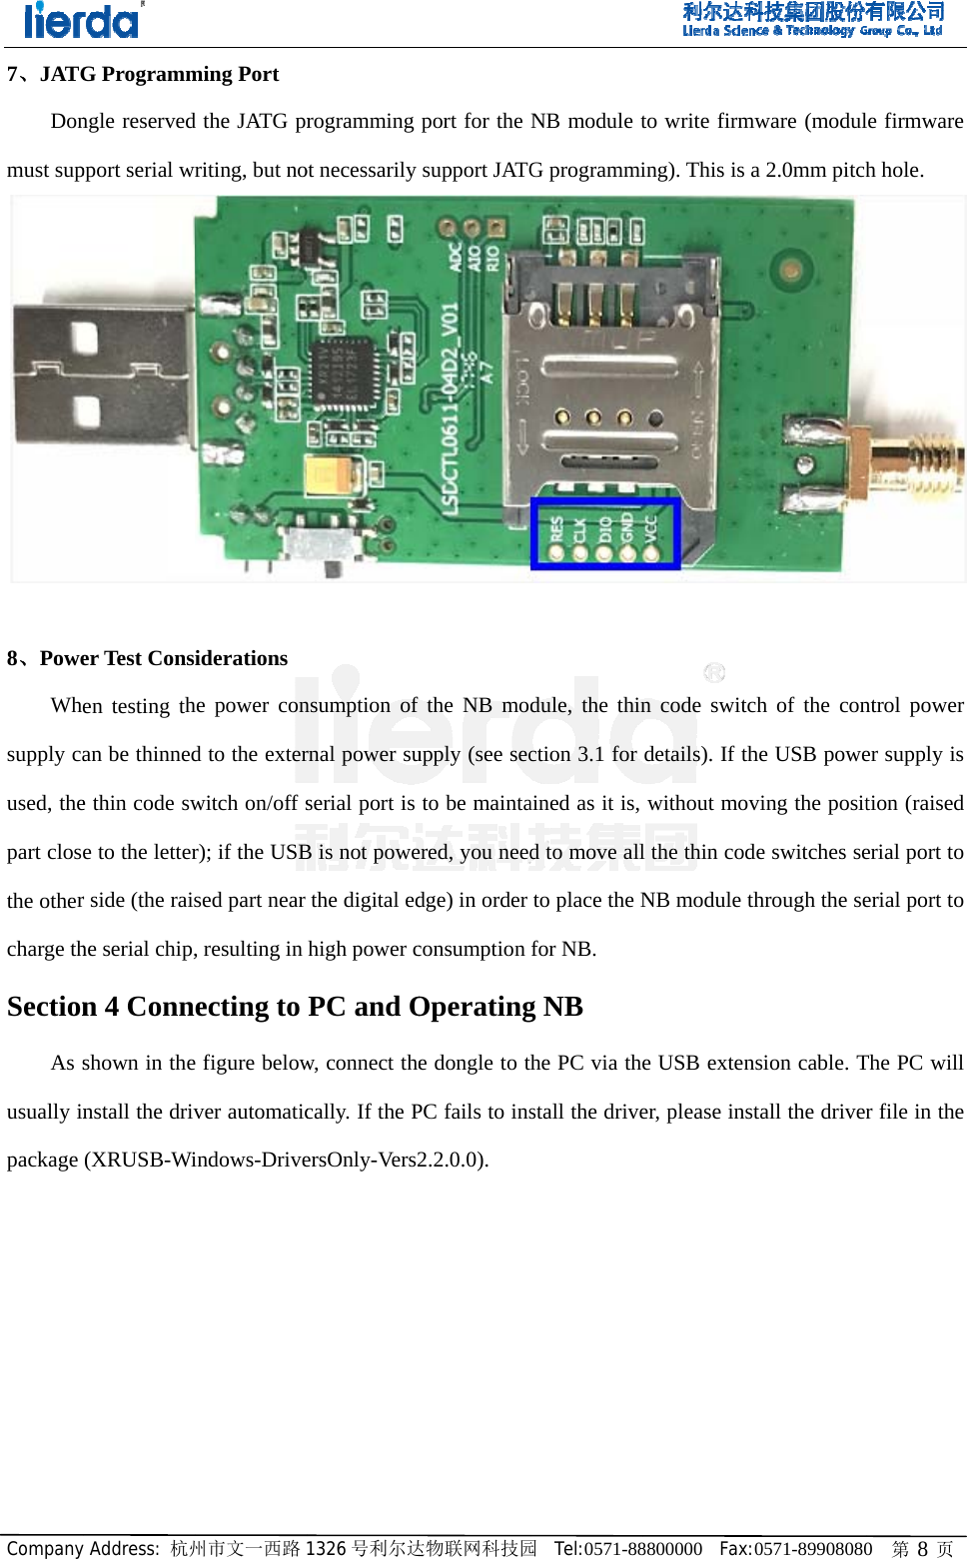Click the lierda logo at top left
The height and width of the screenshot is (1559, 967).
(x=82, y=20)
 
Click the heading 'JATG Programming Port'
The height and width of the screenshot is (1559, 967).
(x=159, y=74)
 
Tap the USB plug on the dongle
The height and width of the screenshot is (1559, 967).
(x=100, y=375)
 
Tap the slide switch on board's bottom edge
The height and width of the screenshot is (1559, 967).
(x=322, y=545)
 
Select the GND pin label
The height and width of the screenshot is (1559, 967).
(x=627, y=526)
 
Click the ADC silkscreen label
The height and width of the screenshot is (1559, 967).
(x=456, y=257)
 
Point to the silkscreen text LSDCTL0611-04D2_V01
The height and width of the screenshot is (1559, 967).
(x=451, y=409)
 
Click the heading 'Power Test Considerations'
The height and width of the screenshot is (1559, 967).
(x=163, y=658)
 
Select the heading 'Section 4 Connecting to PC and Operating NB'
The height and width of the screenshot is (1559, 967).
(x=295, y=1006)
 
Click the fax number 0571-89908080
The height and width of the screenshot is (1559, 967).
(x=812, y=1548)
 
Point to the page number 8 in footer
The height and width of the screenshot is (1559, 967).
(x=922, y=1548)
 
